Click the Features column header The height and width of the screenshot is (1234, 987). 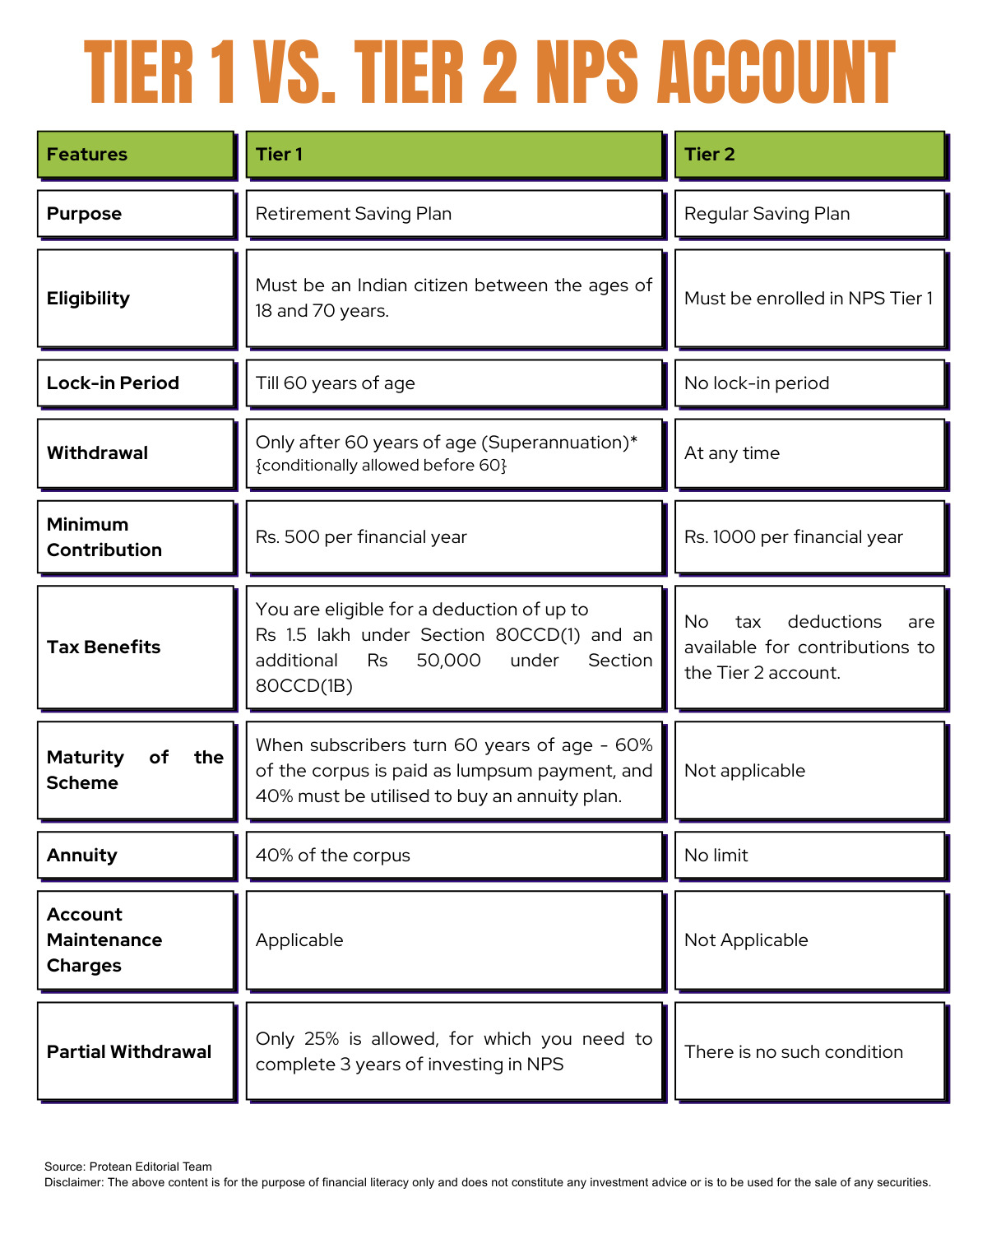(x=136, y=154)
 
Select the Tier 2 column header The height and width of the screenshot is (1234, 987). (x=809, y=154)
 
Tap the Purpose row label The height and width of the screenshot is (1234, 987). (x=136, y=214)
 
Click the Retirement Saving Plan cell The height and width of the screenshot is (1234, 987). (x=454, y=214)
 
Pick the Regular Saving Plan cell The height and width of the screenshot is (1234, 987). (x=809, y=214)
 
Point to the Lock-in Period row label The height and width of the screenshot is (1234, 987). (x=136, y=383)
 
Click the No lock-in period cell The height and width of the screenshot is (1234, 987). (x=809, y=383)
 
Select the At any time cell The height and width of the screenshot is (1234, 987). (x=809, y=453)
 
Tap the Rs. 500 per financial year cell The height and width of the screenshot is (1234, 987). (x=454, y=537)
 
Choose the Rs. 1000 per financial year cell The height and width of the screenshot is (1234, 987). (x=809, y=537)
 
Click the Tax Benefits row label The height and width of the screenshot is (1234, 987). (x=136, y=647)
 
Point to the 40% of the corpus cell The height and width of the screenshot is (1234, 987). (x=454, y=856)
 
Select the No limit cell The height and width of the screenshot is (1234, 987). (x=809, y=856)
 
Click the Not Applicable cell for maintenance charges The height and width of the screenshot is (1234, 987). (x=809, y=940)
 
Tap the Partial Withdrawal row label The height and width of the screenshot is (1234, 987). (x=136, y=1051)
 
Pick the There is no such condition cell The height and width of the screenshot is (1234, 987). (x=809, y=1051)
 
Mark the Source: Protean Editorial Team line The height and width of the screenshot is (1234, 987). (x=128, y=1167)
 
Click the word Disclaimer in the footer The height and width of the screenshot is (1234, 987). (x=74, y=1182)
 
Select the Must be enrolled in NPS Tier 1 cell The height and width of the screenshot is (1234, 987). (x=809, y=299)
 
